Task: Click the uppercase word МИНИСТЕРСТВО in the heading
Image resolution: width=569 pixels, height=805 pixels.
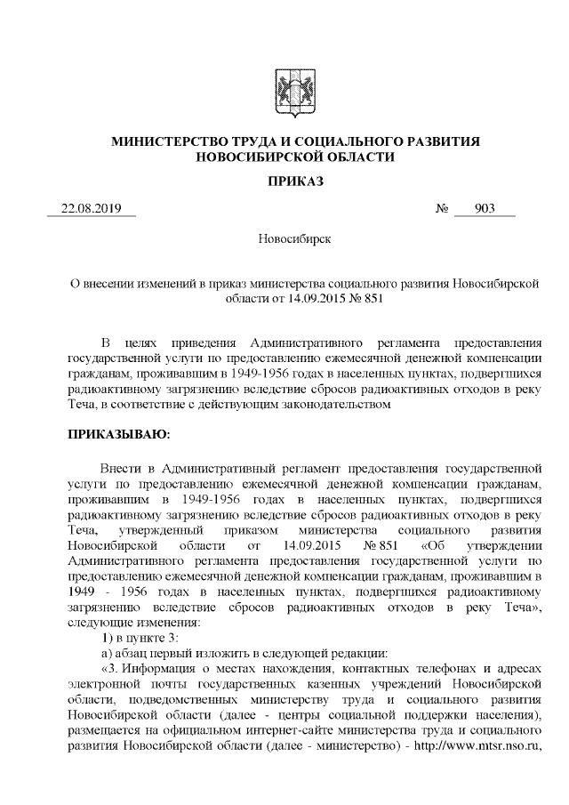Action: click(163, 142)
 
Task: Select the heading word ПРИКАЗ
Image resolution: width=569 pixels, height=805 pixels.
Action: click(284, 182)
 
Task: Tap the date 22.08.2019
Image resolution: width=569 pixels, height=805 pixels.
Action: click(91, 209)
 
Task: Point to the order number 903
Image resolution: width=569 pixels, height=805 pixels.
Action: click(484, 209)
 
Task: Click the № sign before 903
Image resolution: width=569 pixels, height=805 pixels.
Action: click(442, 209)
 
